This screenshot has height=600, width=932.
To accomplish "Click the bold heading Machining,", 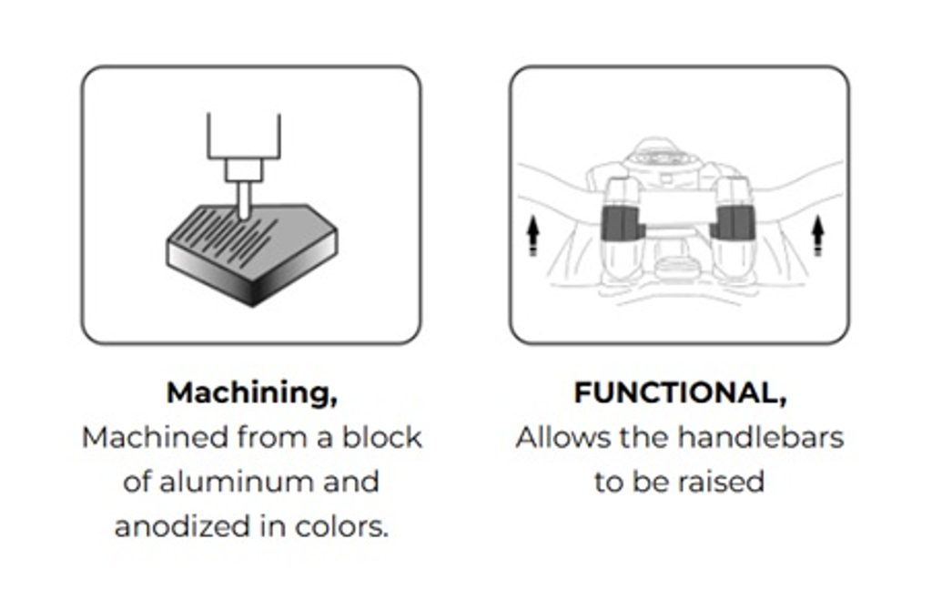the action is pos(252,393).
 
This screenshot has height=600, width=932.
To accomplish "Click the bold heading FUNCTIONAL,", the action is pos(680,393).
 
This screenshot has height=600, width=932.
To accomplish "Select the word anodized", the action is pos(182,526).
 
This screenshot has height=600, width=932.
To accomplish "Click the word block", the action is pos(381,438).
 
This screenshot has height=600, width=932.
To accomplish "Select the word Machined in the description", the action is pos(155,438).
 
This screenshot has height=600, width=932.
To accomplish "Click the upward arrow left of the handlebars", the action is pos(532,236).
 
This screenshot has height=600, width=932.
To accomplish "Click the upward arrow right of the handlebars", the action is pos(818,236).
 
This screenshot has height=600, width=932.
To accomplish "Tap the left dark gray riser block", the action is pos(623,224).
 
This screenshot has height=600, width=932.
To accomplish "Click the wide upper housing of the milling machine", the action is pos(244,137).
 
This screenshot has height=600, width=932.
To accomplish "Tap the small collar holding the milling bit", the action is pos(244,170).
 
